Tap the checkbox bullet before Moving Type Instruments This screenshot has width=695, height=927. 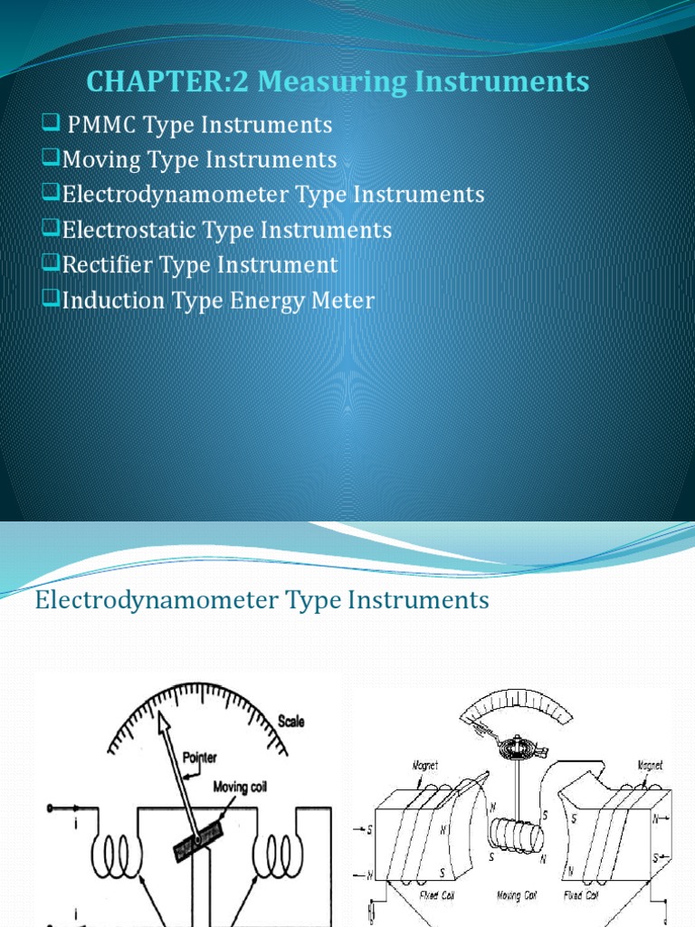coord(51,159)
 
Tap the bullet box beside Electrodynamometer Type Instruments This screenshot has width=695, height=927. coord(51,194)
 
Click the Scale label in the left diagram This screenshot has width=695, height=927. coord(291,722)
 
